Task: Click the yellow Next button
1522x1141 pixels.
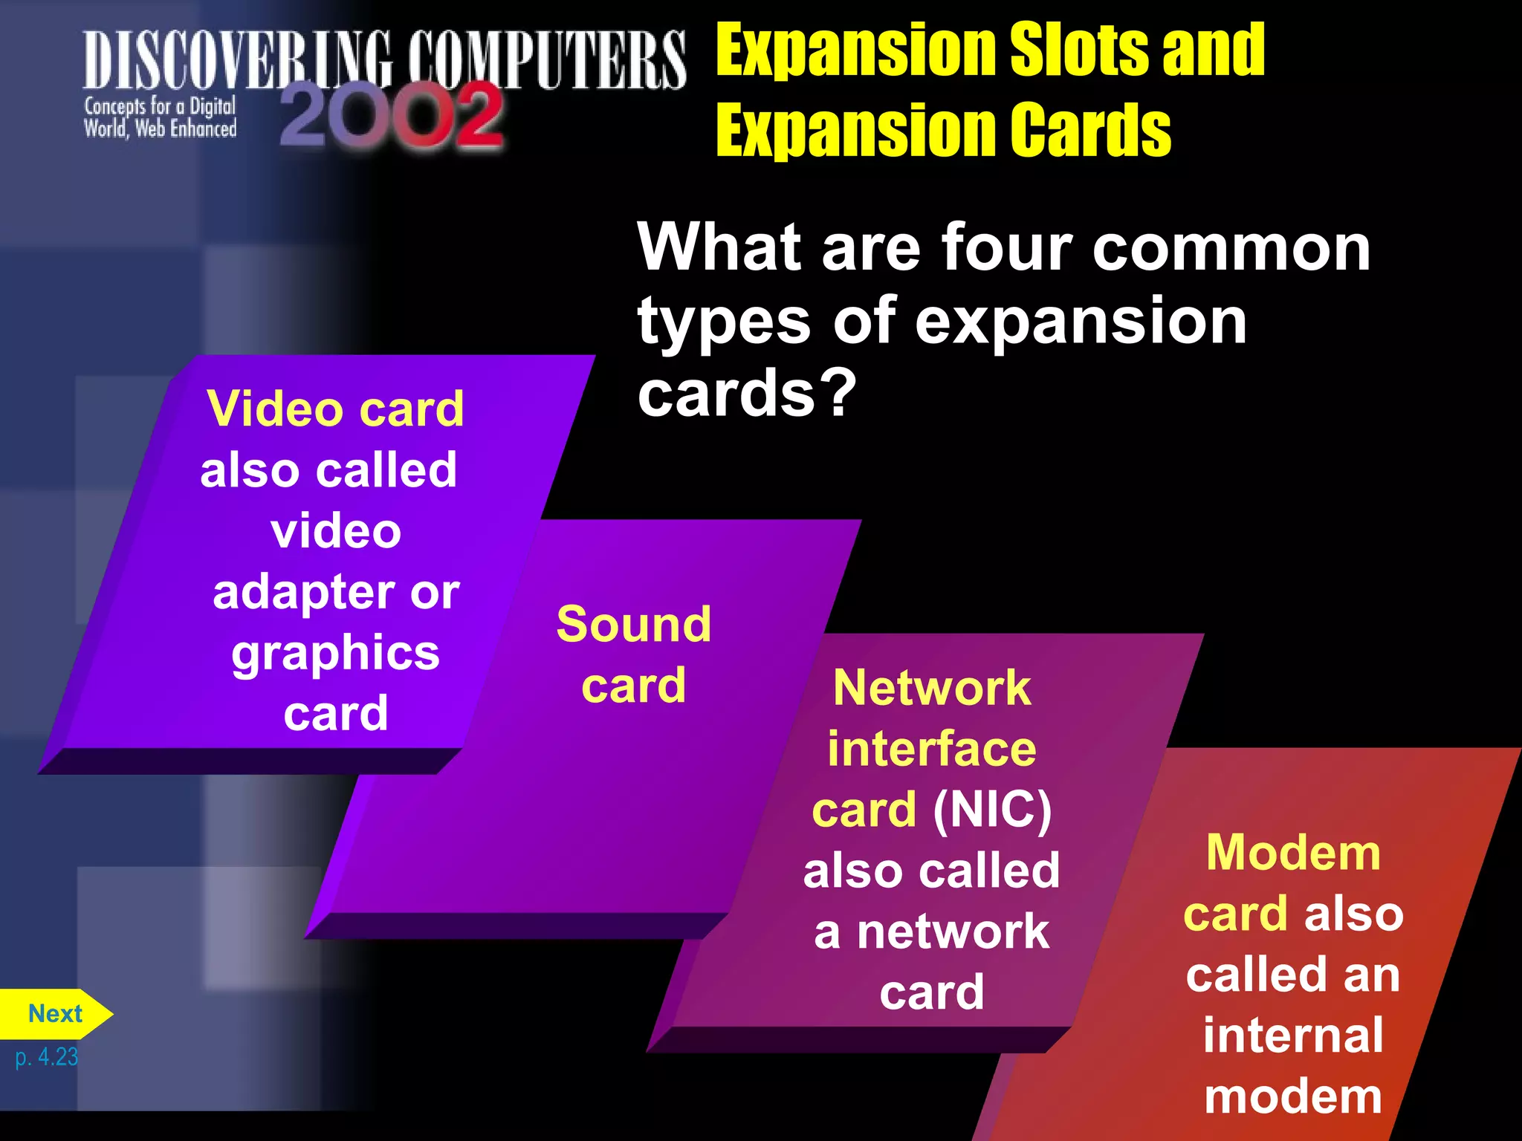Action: (x=55, y=1014)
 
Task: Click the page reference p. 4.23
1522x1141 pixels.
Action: (x=46, y=1056)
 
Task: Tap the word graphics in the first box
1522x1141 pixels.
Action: (x=336, y=653)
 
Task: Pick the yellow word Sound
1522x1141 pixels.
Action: (x=634, y=624)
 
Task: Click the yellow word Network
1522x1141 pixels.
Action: (x=932, y=688)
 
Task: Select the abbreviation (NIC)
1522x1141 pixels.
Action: (x=992, y=809)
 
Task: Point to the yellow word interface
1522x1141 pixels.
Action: (x=932, y=749)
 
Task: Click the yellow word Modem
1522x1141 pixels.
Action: (x=1293, y=852)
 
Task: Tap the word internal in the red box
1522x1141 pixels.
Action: (x=1293, y=1035)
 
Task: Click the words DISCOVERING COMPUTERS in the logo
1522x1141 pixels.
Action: (x=384, y=61)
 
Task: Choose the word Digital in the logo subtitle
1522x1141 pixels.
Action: (x=213, y=107)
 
